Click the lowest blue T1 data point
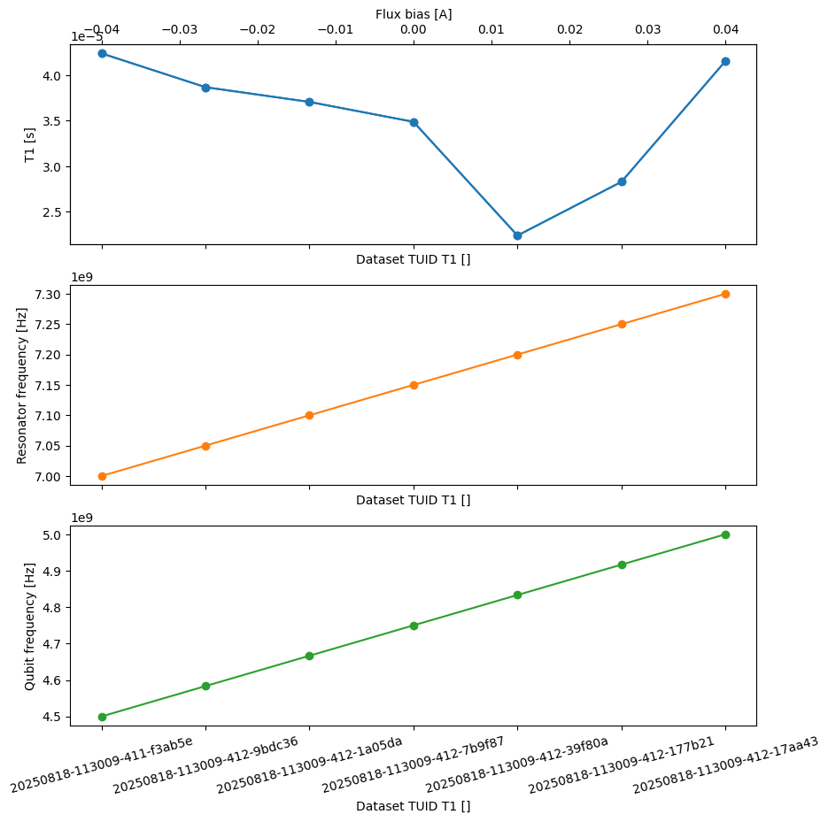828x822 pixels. pos(517,235)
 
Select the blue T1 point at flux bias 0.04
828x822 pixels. pos(725,61)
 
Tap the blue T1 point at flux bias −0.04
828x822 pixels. pos(102,53)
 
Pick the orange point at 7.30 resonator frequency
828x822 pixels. pos(725,294)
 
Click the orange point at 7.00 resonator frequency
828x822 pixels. pos(102,476)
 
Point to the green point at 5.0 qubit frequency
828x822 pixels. pos(725,534)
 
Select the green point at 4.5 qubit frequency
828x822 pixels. pos(102,717)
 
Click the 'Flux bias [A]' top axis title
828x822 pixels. pos(414,13)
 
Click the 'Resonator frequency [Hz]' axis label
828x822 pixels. pos(22,385)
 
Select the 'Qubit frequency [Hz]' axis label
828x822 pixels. pos(30,626)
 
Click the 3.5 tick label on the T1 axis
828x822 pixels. pos(50,121)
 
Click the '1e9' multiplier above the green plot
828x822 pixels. pos(81,519)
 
